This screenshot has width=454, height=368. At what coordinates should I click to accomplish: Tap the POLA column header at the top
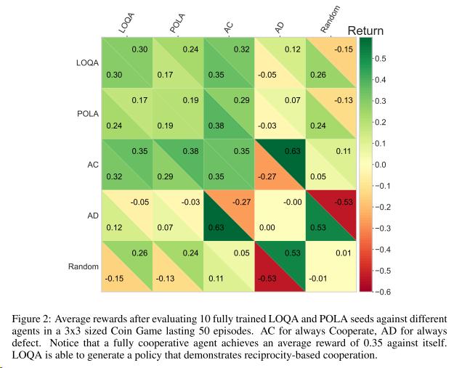click(x=179, y=23)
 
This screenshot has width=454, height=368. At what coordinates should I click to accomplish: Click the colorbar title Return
click(x=365, y=31)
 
